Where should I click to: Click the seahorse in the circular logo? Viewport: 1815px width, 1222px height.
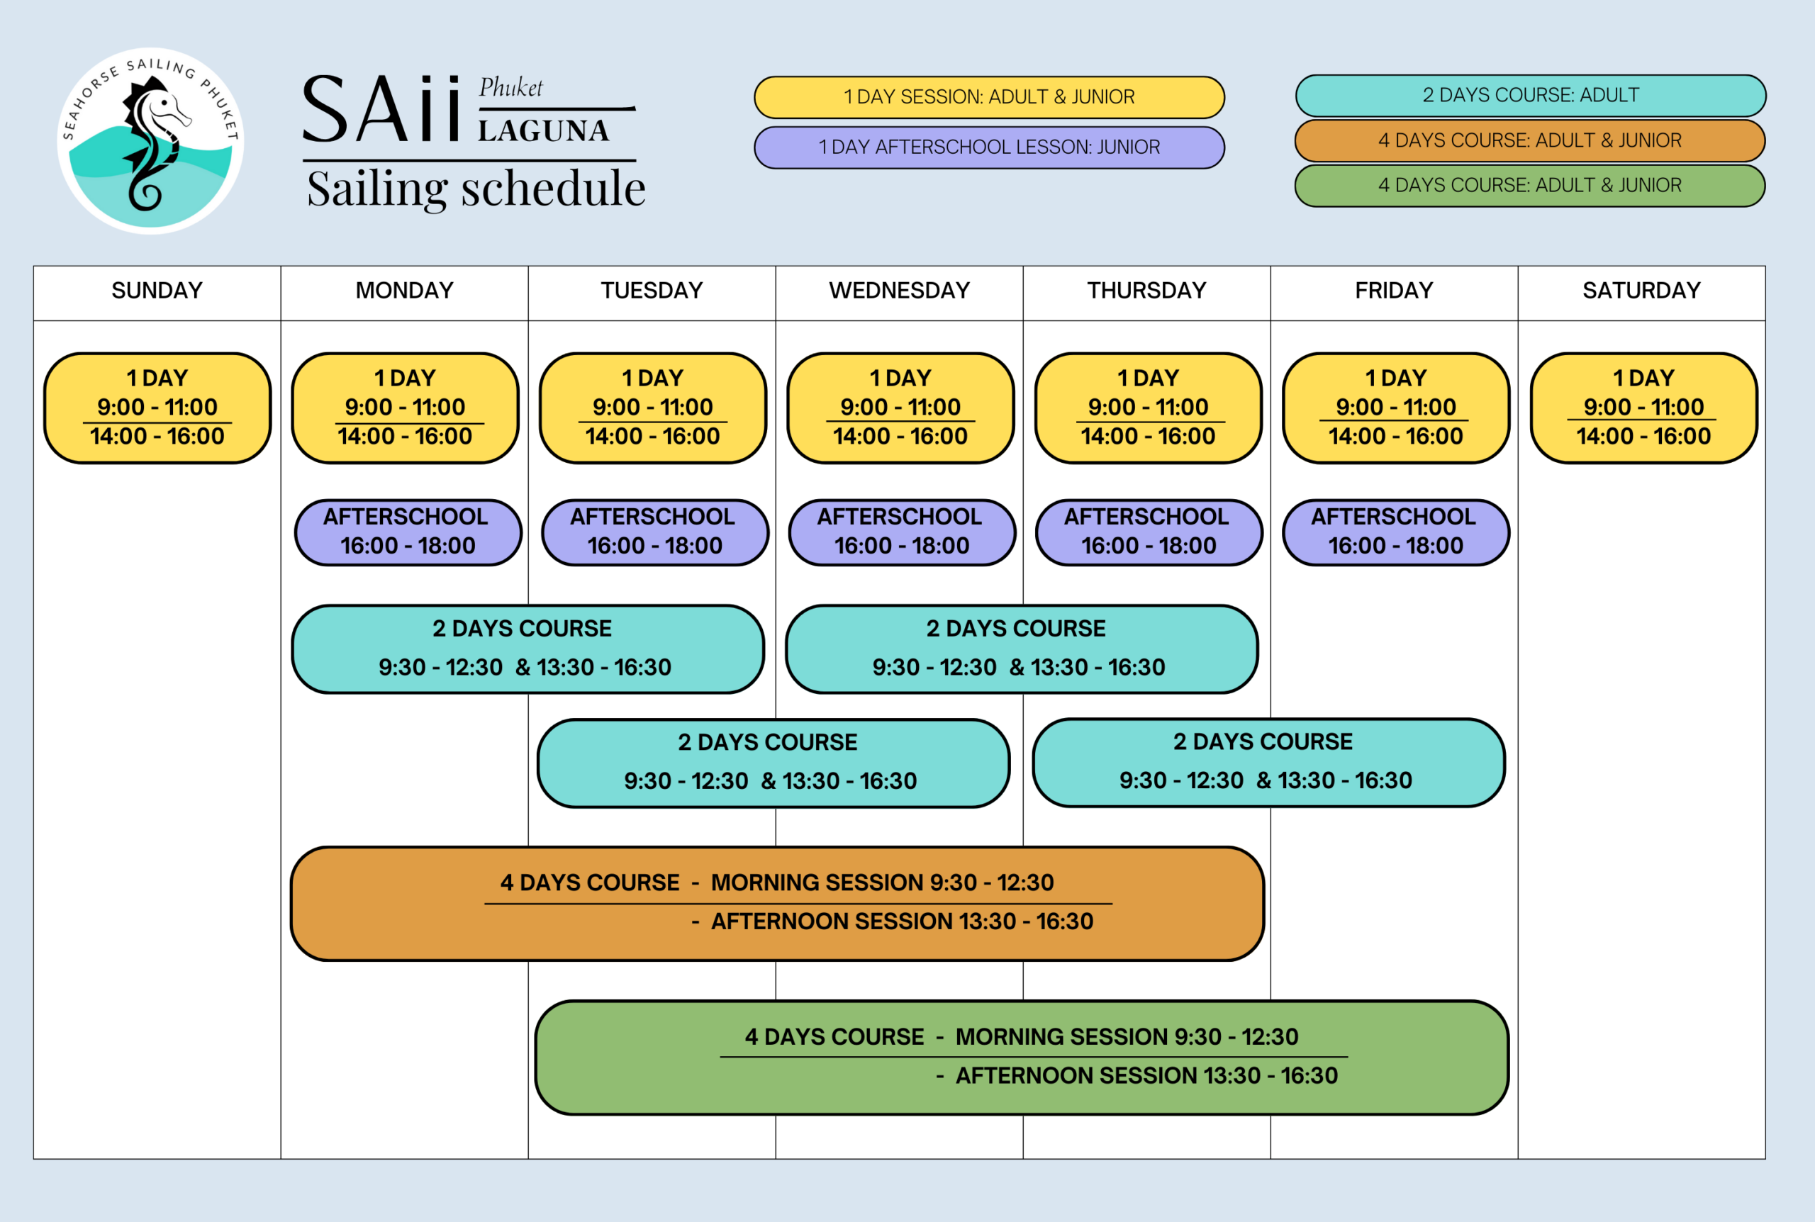[152, 144]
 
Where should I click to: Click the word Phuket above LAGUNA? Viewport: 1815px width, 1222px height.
[510, 87]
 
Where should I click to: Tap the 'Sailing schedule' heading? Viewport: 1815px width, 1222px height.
[476, 189]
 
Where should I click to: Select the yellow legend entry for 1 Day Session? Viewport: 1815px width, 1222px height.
[989, 97]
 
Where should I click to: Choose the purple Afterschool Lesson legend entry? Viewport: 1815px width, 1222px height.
[989, 147]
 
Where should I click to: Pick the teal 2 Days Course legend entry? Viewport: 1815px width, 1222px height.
[1531, 96]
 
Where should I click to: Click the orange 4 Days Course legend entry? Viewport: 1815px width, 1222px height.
[1530, 141]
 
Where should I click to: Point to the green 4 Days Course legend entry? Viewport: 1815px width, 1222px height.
[1530, 186]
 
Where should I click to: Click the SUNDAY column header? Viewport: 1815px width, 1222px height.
[157, 291]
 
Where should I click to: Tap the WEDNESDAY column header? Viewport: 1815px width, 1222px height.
[899, 291]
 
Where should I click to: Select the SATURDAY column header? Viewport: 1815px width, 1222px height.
[1641, 291]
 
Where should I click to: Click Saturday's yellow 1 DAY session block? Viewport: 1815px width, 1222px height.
[1643, 408]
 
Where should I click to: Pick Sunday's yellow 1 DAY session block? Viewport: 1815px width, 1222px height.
[157, 408]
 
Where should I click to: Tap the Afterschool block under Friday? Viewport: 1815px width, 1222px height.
[1395, 532]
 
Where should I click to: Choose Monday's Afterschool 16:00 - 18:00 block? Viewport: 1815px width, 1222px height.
[408, 532]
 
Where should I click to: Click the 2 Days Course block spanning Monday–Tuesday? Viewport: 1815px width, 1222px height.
[527, 649]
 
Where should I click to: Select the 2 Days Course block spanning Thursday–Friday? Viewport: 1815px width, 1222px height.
[1268, 761]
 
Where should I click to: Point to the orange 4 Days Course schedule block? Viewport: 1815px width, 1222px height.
[776, 902]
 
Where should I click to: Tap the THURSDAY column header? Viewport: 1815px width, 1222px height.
[1146, 291]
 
